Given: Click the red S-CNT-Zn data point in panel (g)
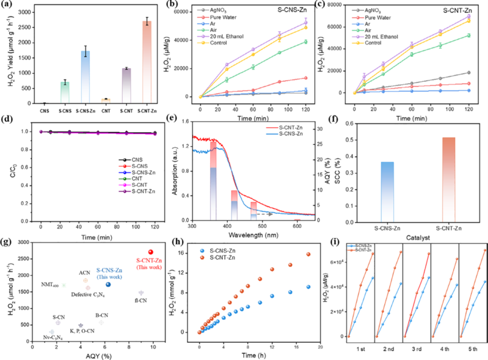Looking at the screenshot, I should click(x=151, y=252).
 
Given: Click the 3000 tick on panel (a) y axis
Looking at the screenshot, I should click(x=27, y=11).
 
